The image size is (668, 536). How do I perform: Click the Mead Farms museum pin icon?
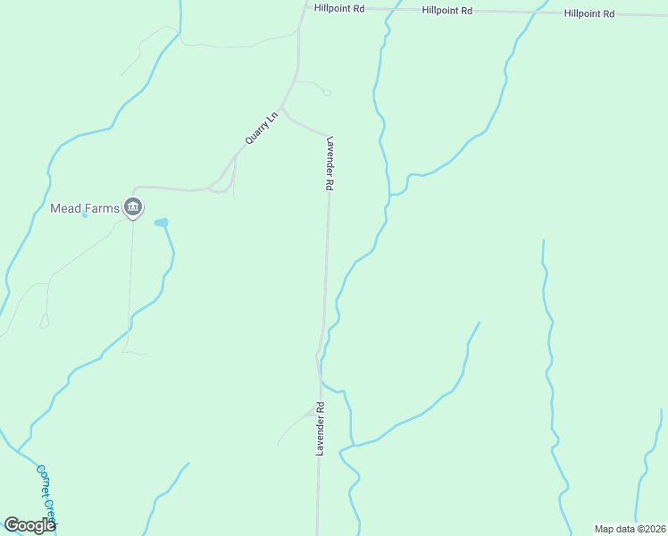point(133,207)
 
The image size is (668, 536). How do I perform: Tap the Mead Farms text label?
point(84,208)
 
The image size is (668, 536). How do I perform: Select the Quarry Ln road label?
point(262,129)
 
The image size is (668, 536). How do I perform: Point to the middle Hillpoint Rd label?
point(447,10)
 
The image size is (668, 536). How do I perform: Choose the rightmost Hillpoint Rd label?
point(589,13)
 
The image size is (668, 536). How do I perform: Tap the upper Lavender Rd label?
point(329,163)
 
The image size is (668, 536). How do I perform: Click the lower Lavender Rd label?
point(319,429)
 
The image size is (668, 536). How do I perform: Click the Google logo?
point(29,525)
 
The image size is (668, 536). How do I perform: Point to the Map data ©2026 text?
point(630,529)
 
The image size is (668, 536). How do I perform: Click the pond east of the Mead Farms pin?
point(162,222)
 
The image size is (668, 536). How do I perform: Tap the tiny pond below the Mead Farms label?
point(85,214)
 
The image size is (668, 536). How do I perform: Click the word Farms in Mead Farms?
point(102,208)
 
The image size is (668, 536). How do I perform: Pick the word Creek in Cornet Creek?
point(51,513)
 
